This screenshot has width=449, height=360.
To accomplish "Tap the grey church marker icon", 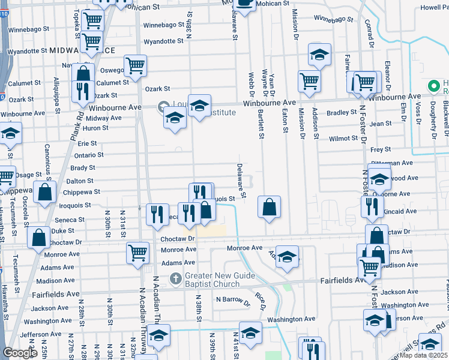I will pos(176,278).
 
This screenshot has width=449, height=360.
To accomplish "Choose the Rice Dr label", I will pos(261,299).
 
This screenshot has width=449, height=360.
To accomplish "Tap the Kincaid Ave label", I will pos(400,211).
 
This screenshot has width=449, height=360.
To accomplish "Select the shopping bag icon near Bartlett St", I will pos(270,208).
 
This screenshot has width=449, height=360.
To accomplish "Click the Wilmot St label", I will pos(343,139).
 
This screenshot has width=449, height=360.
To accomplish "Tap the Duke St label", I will pos(62,230).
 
